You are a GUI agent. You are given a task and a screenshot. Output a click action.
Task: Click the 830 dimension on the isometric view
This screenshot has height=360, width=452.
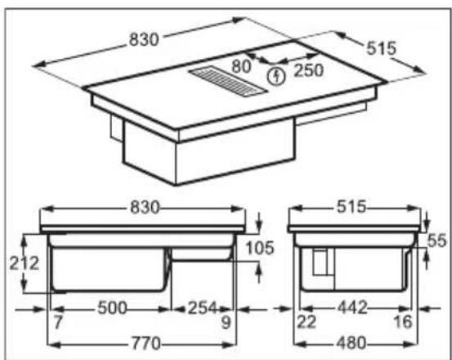click(x=144, y=39)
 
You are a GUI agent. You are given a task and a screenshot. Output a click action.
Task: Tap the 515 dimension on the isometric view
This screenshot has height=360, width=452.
click(x=382, y=48)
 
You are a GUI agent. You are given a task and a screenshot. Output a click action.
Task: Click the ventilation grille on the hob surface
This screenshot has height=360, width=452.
click(x=228, y=81)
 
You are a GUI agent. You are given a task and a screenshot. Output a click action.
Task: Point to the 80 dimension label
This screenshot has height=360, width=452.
click(x=241, y=66)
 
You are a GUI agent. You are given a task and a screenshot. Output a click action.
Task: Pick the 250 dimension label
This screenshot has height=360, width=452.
click(x=308, y=70)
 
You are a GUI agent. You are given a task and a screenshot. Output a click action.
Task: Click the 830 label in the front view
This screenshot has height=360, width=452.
click(x=145, y=207)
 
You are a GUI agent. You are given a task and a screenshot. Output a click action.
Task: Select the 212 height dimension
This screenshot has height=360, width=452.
click(x=25, y=263)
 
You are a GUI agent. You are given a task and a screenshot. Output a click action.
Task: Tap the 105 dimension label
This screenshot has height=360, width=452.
click(x=259, y=248)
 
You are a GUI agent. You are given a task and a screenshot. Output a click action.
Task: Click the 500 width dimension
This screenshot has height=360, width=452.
click(x=112, y=308)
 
